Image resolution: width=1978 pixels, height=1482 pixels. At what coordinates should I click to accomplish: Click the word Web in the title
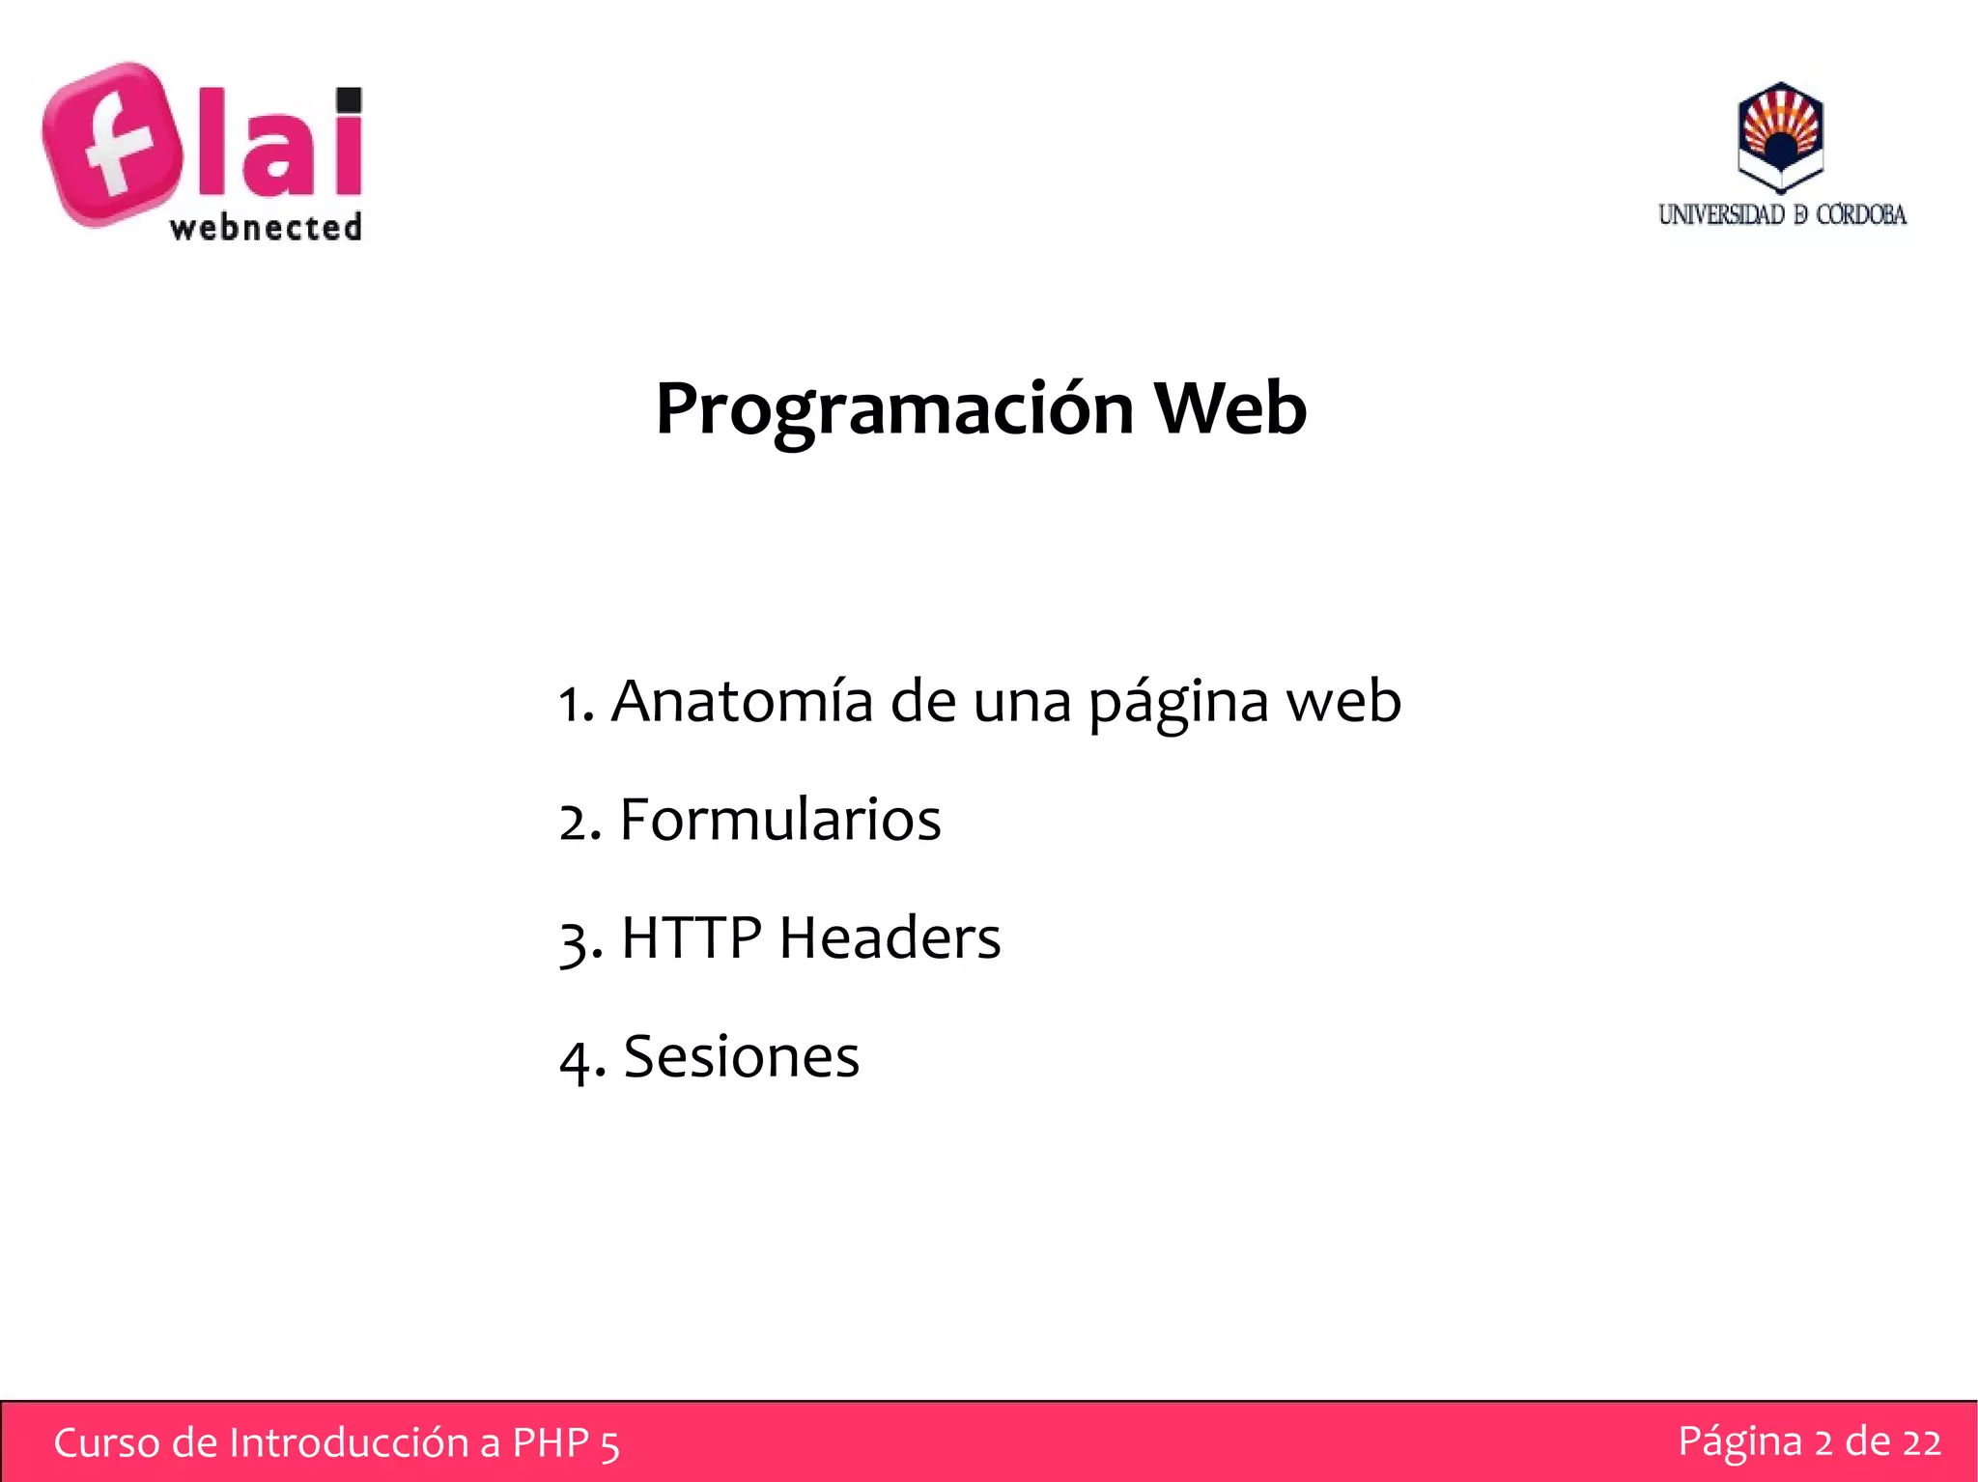(x=1230, y=408)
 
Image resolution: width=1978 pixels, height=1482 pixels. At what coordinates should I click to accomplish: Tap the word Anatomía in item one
(x=742, y=701)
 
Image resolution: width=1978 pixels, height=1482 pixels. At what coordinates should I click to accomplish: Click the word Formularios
(x=780, y=821)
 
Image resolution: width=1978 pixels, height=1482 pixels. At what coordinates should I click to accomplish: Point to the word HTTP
(x=692, y=937)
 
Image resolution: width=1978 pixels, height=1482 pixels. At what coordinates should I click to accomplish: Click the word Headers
(x=890, y=937)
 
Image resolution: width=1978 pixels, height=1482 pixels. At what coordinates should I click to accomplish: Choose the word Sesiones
(x=742, y=1056)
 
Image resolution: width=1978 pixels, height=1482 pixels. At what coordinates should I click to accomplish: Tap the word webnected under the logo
(x=266, y=228)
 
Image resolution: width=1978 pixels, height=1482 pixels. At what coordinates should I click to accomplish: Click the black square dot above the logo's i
(x=348, y=100)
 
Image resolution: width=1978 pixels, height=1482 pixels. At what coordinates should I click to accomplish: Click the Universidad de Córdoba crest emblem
(x=1780, y=136)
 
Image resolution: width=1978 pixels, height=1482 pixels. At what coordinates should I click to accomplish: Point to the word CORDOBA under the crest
(x=1861, y=214)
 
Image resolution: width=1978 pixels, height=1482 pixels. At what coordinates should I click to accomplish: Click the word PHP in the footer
(x=551, y=1443)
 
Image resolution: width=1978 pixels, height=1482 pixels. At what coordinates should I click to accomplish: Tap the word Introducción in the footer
(x=349, y=1443)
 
